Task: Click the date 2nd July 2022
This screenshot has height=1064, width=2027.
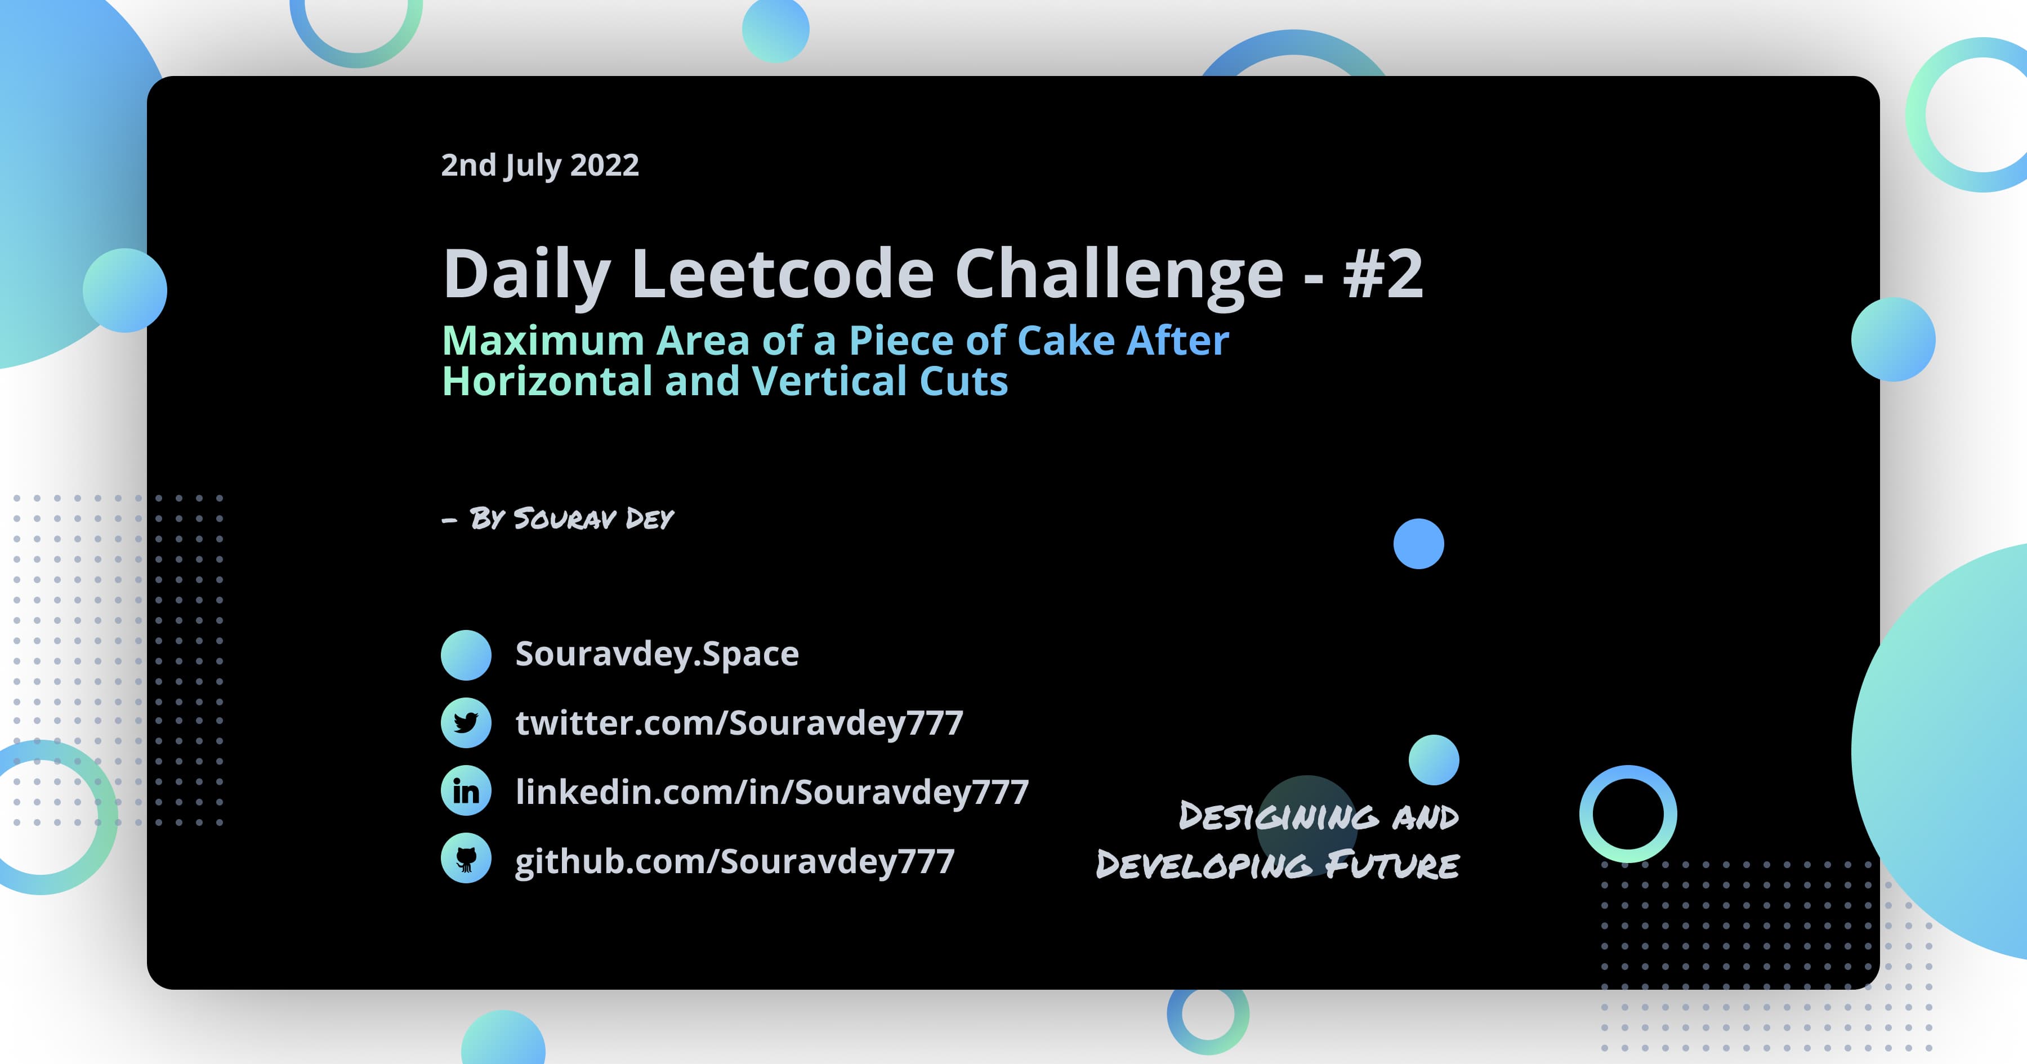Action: click(x=540, y=166)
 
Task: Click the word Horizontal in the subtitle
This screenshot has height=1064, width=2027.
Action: click(x=547, y=382)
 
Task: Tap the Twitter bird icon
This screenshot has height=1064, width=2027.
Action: click(x=466, y=722)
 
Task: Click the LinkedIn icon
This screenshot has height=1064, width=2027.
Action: click(x=466, y=791)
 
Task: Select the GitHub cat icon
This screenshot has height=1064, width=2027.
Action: click(x=466, y=859)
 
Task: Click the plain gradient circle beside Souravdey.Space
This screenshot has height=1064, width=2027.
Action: click(x=466, y=655)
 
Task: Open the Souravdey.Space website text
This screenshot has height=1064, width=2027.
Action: click(x=657, y=654)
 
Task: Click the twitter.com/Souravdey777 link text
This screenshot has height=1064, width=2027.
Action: click(x=739, y=722)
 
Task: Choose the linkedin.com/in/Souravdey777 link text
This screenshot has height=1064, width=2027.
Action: click(x=772, y=792)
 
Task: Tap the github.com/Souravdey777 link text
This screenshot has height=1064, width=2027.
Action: click(x=734, y=861)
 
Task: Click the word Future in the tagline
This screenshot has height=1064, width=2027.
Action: click(x=1391, y=865)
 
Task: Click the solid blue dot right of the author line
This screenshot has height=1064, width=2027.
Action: click(x=1418, y=544)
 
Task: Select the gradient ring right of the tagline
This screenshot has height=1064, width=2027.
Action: click(x=1628, y=813)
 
